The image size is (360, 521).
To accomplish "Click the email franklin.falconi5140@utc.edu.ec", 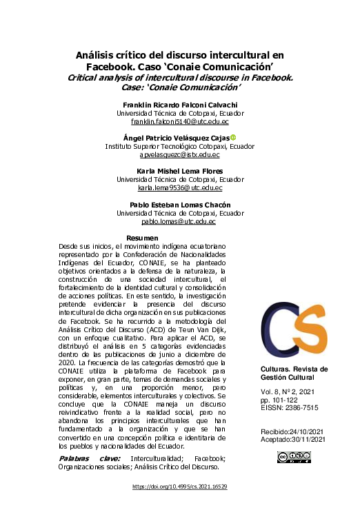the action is (x=179, y=121).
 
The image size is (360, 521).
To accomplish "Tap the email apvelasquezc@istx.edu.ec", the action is (x=179, y=156).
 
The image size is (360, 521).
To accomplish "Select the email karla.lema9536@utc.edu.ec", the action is (x=179, y=187).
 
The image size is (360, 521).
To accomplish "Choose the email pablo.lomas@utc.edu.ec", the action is (x=179, y=222).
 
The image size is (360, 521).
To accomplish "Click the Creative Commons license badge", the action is (x=292, y=457).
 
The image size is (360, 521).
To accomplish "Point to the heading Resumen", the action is (x=143, y=238).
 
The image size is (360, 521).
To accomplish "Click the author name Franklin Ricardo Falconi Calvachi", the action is (x=179, y=104).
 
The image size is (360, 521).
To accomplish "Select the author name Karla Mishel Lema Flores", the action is (x=179, y=170).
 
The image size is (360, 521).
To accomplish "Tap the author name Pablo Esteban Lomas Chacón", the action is (x=179, y=205).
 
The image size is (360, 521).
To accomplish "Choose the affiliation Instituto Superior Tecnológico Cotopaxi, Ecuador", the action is (x=179, y=147).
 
